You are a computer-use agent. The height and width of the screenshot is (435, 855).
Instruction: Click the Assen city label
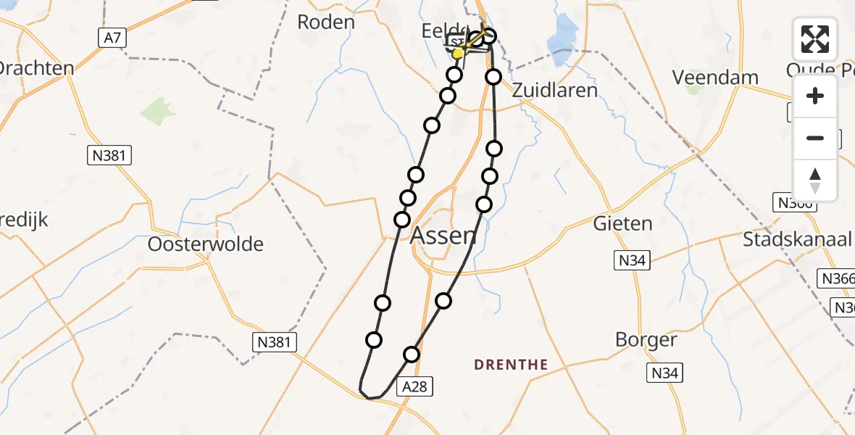point(443,236)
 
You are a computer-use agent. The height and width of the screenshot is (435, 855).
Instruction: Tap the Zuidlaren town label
point(555,90)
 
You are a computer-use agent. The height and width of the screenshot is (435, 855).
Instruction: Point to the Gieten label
point(622,223)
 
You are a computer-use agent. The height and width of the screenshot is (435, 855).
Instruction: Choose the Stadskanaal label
point(797,240)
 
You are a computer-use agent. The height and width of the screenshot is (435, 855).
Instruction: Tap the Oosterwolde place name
point(206,244)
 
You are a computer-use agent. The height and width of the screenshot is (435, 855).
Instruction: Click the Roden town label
point(326,22)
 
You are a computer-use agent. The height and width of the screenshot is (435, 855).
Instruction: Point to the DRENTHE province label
point(511,365)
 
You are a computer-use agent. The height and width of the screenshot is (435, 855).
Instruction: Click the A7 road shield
point(112,38)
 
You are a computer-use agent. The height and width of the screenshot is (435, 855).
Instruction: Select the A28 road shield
point(415,387)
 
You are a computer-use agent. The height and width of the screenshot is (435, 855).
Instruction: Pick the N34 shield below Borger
point(664,373)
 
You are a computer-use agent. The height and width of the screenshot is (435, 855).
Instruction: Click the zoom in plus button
point(815,96)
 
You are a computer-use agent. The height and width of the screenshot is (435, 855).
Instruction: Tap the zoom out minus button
point(815,138)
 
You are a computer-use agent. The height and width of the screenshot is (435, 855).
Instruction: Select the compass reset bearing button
point(815,180)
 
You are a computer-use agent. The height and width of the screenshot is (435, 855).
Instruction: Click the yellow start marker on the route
point(458,53)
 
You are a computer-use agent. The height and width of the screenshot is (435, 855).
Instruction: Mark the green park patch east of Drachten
point(158,112)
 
